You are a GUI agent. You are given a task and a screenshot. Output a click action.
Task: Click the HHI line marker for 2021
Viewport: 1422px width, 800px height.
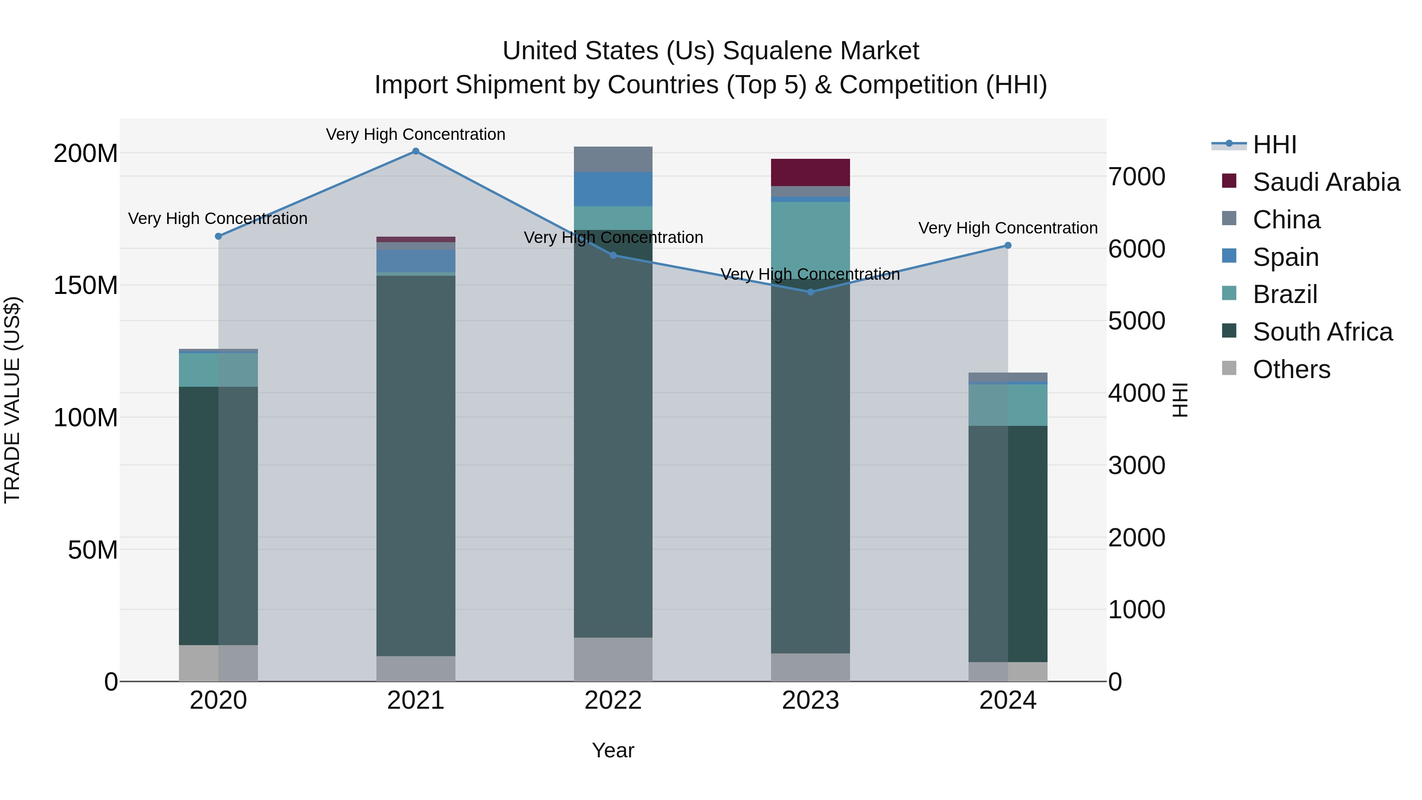point(416,151)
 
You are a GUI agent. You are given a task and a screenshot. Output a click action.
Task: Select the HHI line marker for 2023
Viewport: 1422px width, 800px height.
point(811,292)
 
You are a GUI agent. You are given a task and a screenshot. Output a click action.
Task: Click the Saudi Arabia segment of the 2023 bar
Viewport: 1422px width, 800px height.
point(811,172)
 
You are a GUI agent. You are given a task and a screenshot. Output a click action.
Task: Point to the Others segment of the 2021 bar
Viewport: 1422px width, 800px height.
point(416,668)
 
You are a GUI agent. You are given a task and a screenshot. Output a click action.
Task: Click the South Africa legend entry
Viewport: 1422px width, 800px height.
point(1322,332)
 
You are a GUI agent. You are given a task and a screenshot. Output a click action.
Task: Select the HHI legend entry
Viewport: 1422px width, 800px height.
point(1274,145)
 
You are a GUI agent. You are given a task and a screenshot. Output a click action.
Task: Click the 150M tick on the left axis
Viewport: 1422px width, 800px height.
point(86,286)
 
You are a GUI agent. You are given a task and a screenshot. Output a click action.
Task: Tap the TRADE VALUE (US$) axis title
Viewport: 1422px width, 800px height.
point(12,400)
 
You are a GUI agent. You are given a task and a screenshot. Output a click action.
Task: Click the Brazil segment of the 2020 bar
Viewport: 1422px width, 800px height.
point(218,370)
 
